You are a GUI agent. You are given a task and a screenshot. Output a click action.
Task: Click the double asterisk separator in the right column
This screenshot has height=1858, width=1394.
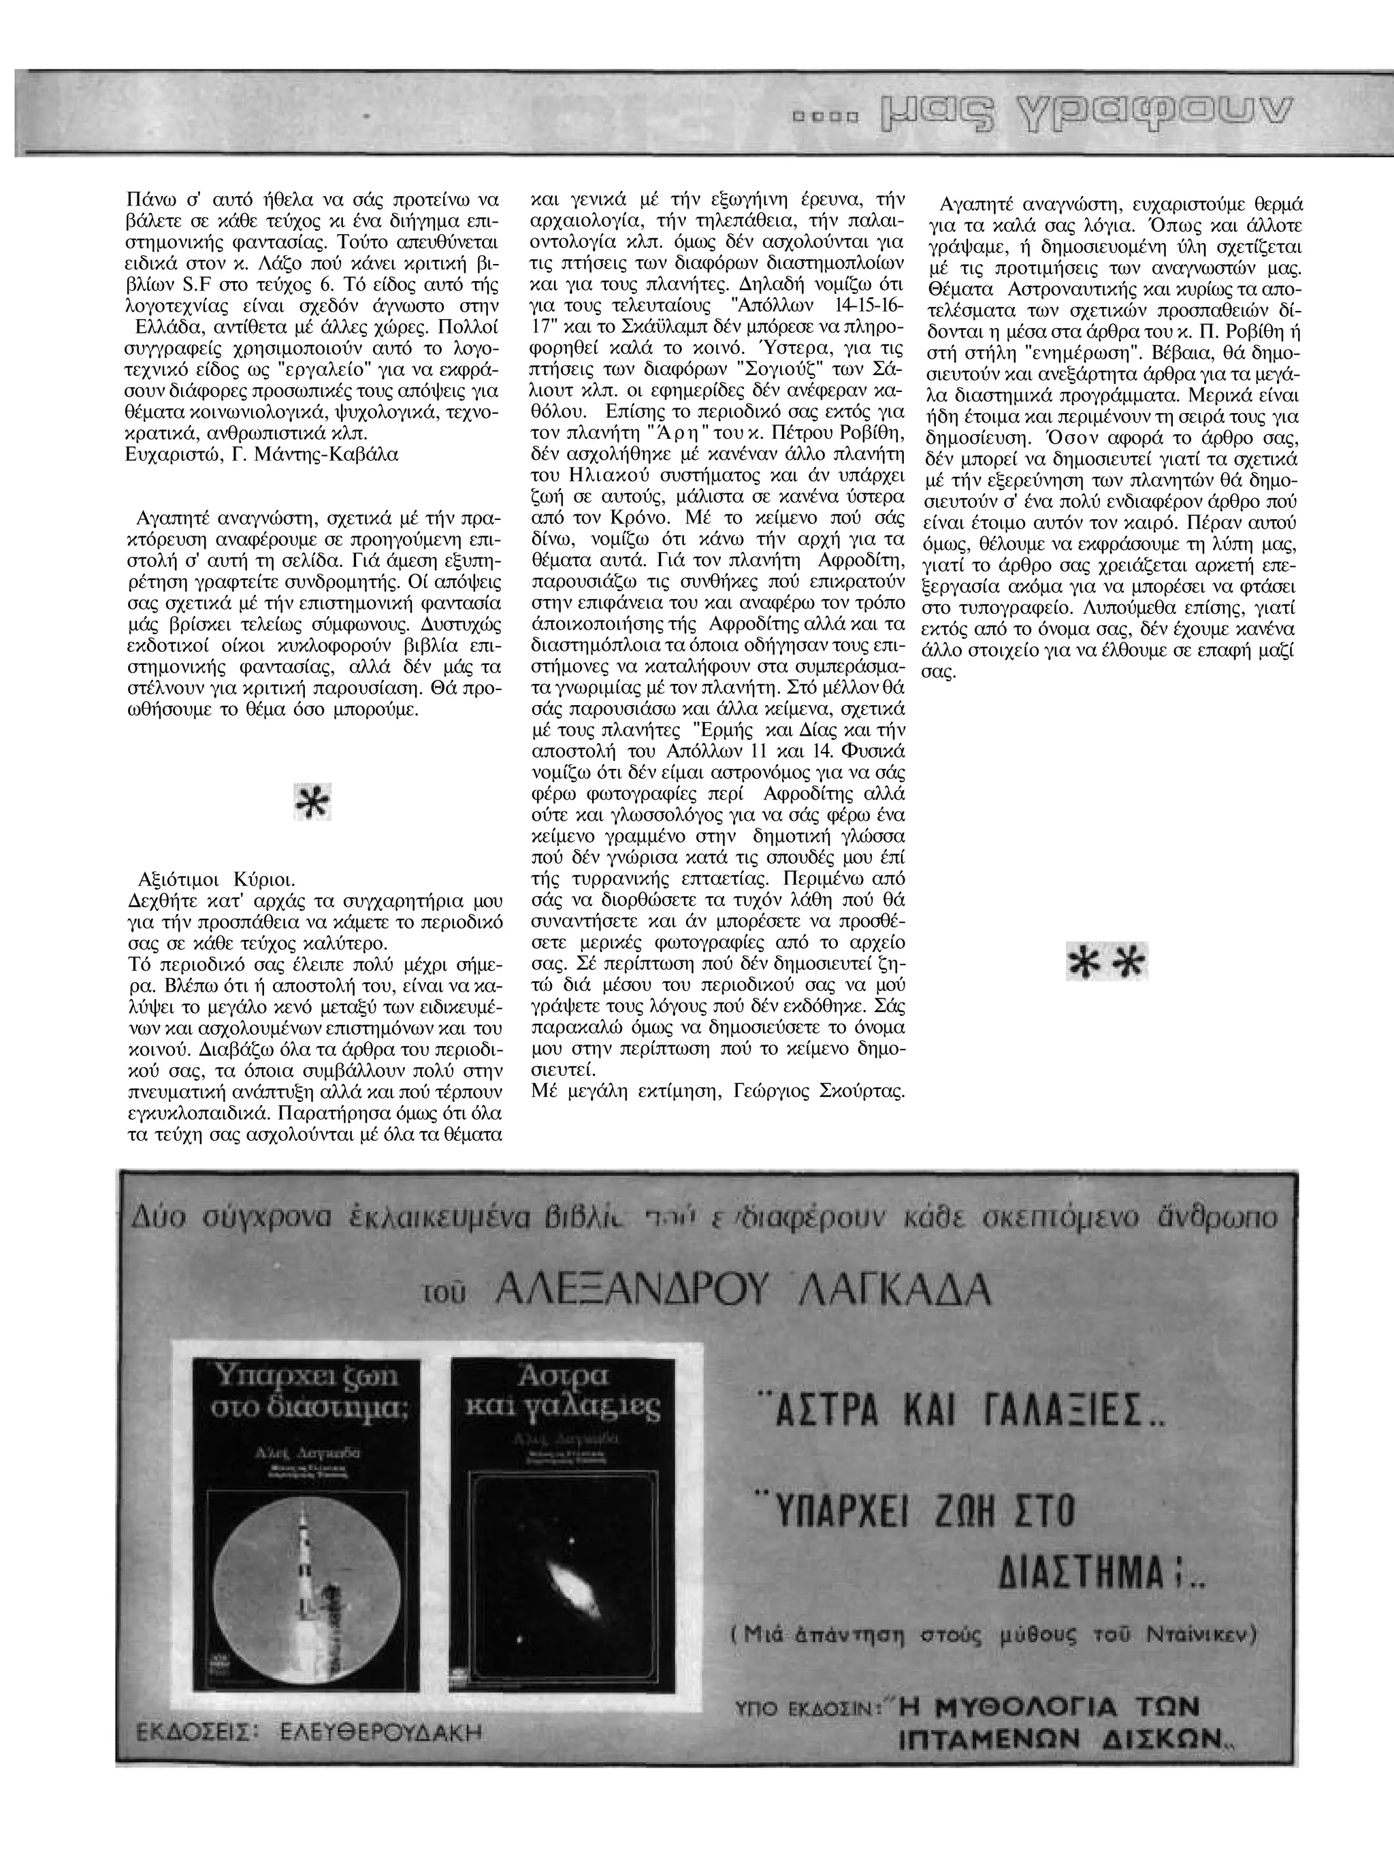[x=1106, y=962]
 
